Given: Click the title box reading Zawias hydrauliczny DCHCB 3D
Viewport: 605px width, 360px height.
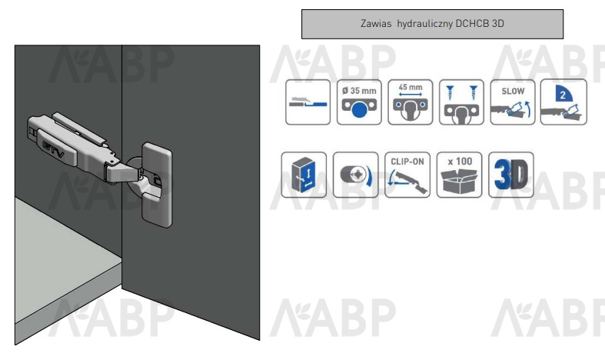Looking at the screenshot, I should point(434,24).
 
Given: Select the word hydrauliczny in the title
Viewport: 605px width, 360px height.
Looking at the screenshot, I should point(427,24).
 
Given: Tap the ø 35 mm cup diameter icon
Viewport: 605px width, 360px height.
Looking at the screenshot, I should point(359,102).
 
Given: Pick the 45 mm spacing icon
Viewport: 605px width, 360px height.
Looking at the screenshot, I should point(410,102).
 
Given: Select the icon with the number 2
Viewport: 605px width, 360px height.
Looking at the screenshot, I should point(563,102).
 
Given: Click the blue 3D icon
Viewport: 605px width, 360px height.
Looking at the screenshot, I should point(511,175).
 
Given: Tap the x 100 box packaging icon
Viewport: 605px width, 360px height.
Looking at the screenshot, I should point(460,175).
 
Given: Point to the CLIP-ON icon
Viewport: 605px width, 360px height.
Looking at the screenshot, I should point(408,175).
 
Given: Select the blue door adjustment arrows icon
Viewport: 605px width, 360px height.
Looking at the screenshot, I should point(304,175).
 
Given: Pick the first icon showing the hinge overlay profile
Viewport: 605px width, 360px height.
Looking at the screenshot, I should point(307,102).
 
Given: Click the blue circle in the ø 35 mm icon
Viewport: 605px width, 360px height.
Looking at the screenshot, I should point(359,110).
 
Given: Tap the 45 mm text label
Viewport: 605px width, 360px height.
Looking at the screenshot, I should point(410,86).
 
